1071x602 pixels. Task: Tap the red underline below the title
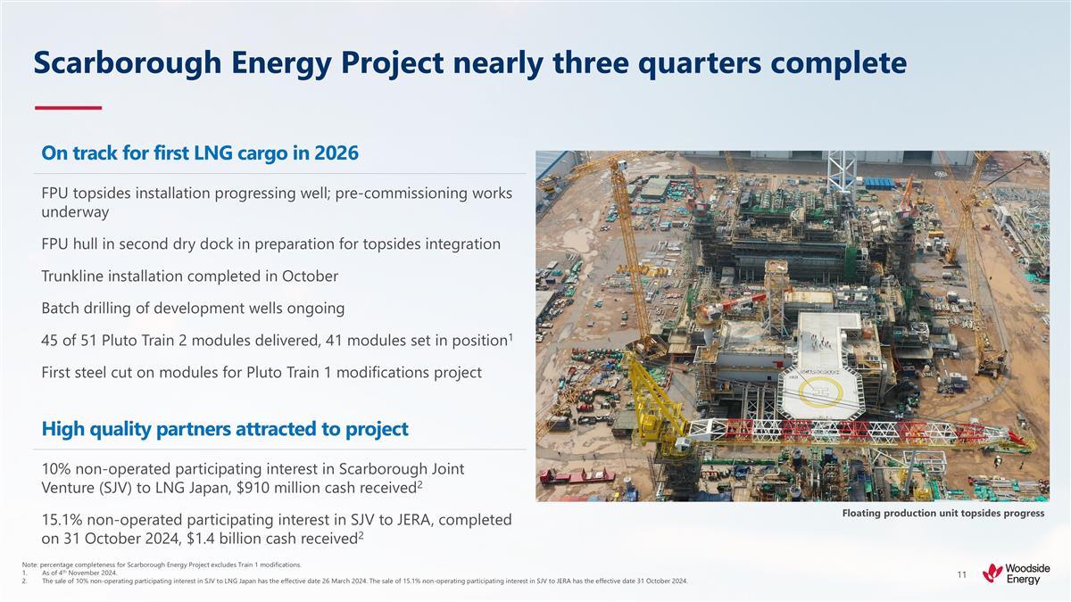click(68, 108)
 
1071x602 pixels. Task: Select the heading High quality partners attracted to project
click(225, 429)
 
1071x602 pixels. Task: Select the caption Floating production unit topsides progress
click(942, 513)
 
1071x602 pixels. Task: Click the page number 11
click(961, 575)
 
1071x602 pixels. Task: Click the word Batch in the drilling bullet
click(62, 308)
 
